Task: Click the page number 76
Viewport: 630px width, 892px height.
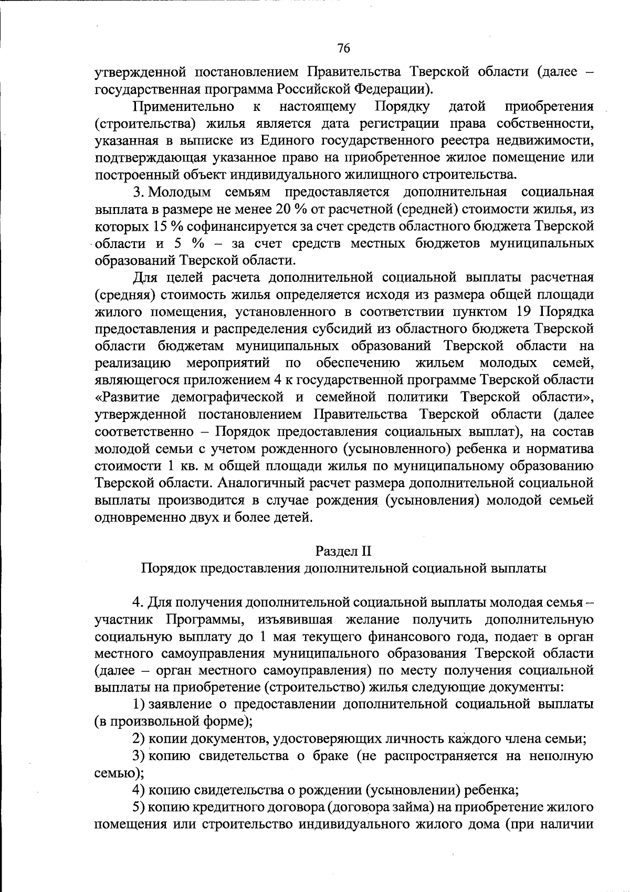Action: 343,49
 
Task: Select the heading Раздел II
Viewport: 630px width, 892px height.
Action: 343,551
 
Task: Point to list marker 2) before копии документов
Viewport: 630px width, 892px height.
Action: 139,739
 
